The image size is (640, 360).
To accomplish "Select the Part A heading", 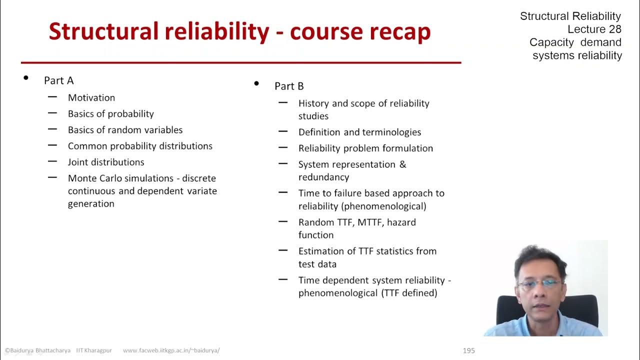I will [x=58, y=80].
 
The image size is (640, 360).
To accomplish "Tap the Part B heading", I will [x=289, y=86].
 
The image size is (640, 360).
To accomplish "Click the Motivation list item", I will [x=91, y=97].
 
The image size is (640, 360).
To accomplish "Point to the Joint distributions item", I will [x=106, y=162].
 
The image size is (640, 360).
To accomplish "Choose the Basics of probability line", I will [x=111, y=113].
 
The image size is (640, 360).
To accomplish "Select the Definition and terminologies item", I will [x=359, y=132].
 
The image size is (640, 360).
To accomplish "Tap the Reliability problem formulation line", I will [x=365, y=148].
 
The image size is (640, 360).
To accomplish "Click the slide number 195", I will [x=468, y=350].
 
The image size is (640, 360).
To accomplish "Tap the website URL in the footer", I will [x=171, y=350].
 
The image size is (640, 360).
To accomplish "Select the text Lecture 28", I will [x=594, y=29].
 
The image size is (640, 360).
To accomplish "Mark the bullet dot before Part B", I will [x=256, y=83].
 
